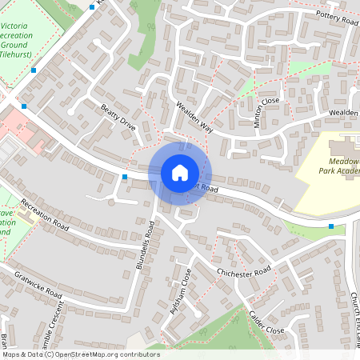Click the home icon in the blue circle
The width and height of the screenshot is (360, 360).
[180, 172]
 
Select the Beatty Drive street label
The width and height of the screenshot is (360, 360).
[118, 116]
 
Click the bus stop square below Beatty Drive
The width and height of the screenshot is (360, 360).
[125, 176]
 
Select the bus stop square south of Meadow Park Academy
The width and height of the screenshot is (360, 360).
[331, 226]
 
